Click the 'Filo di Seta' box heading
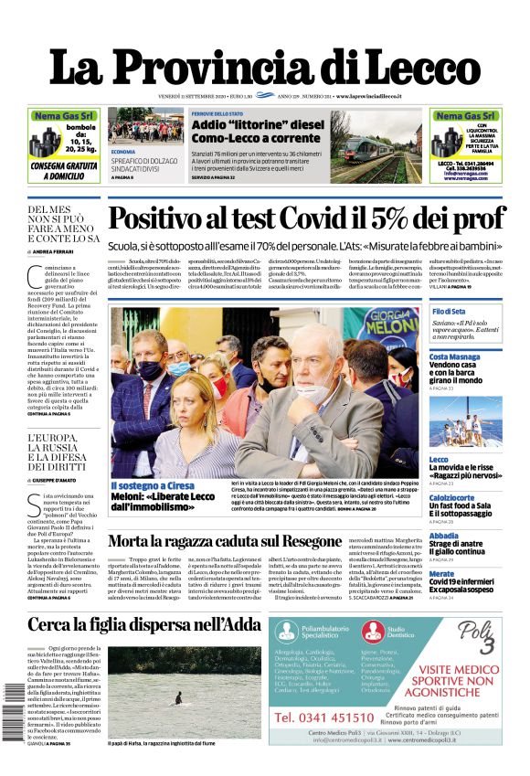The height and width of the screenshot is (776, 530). [450, 313]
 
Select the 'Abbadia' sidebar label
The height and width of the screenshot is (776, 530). [444, 536]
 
